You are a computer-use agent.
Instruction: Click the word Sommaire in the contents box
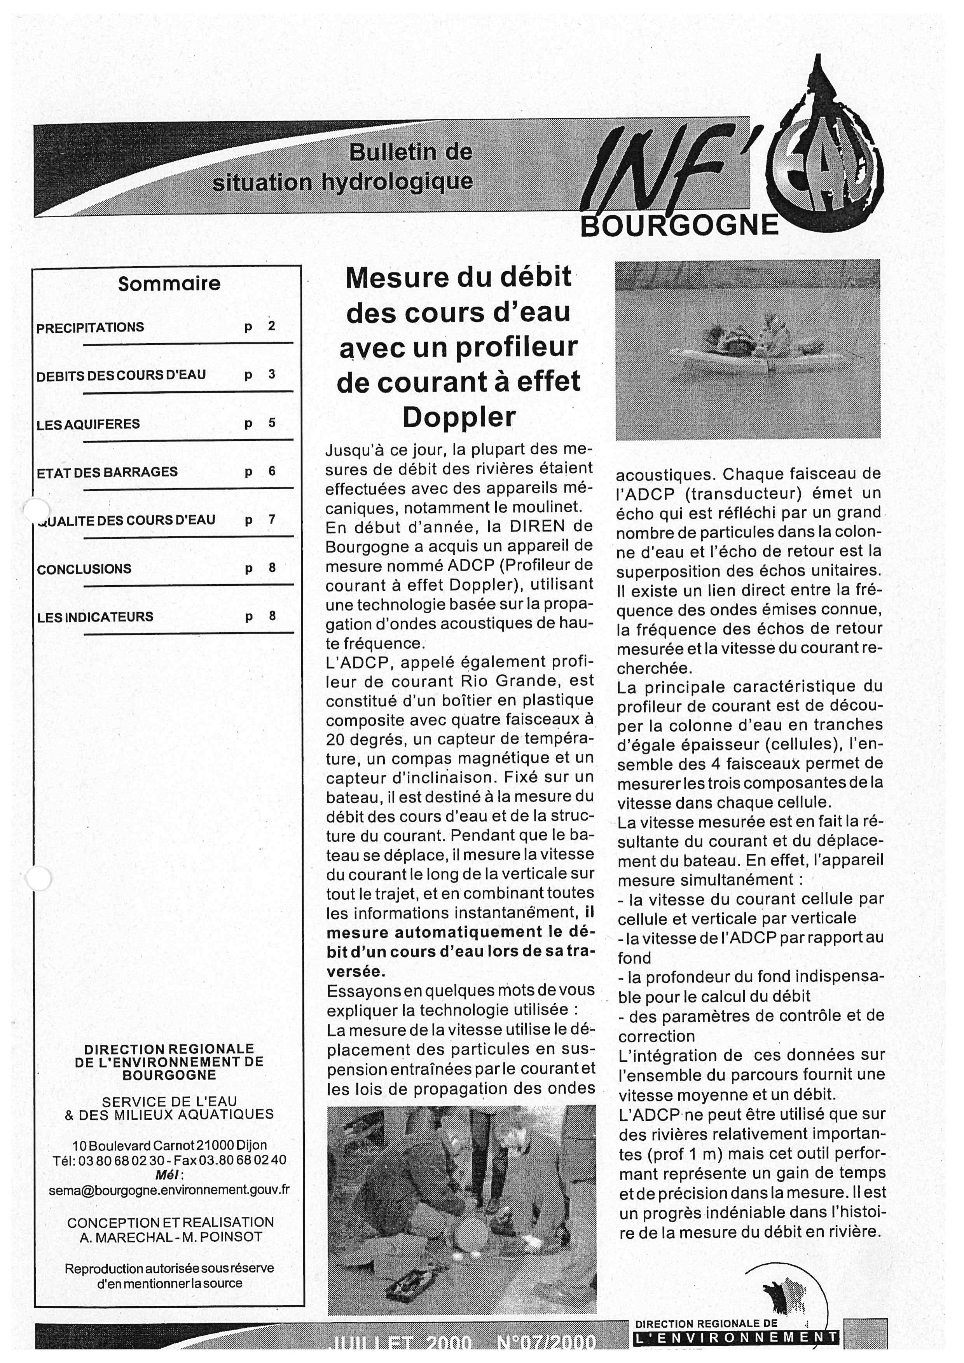pyautogui.click(x=169, y=284)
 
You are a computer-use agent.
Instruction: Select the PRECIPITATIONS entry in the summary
pyautogui.click(x=90, y=328)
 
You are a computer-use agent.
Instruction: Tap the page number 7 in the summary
pyautogui.click(x=272, y=520)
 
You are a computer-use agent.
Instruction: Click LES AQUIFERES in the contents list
pyautogui.click(x=88, y=424)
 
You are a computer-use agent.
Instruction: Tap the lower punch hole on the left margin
pyautogui.click(x=38, y=878)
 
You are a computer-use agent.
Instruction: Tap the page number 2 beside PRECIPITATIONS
pyautogui.click(x=272, y=326)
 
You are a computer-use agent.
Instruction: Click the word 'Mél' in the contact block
pyautogui.click(x=169, y=1175)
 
